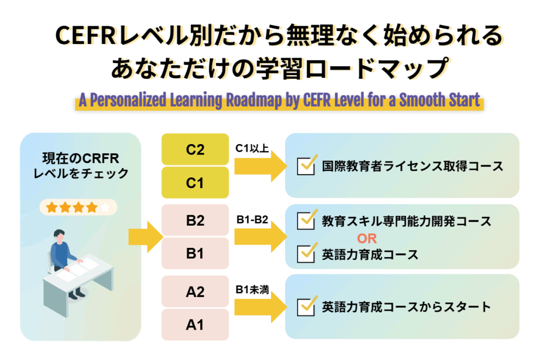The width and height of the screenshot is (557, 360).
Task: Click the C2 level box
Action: (x=195, y=149)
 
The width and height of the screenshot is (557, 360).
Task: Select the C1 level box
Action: (x=195, y=183)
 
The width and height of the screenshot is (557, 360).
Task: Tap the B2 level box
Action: (x=195, y=220)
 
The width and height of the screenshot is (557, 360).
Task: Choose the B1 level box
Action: (x=195, y=253)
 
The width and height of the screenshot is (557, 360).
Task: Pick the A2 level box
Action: (x=195, y=291)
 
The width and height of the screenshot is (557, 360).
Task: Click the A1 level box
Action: (x=195, y=325)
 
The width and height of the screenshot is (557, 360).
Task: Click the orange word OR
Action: (x=367, y=238)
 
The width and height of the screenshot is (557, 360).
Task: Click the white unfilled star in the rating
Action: (x=105, y=207)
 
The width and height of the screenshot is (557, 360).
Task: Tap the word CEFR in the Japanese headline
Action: (x=86, y=37)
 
